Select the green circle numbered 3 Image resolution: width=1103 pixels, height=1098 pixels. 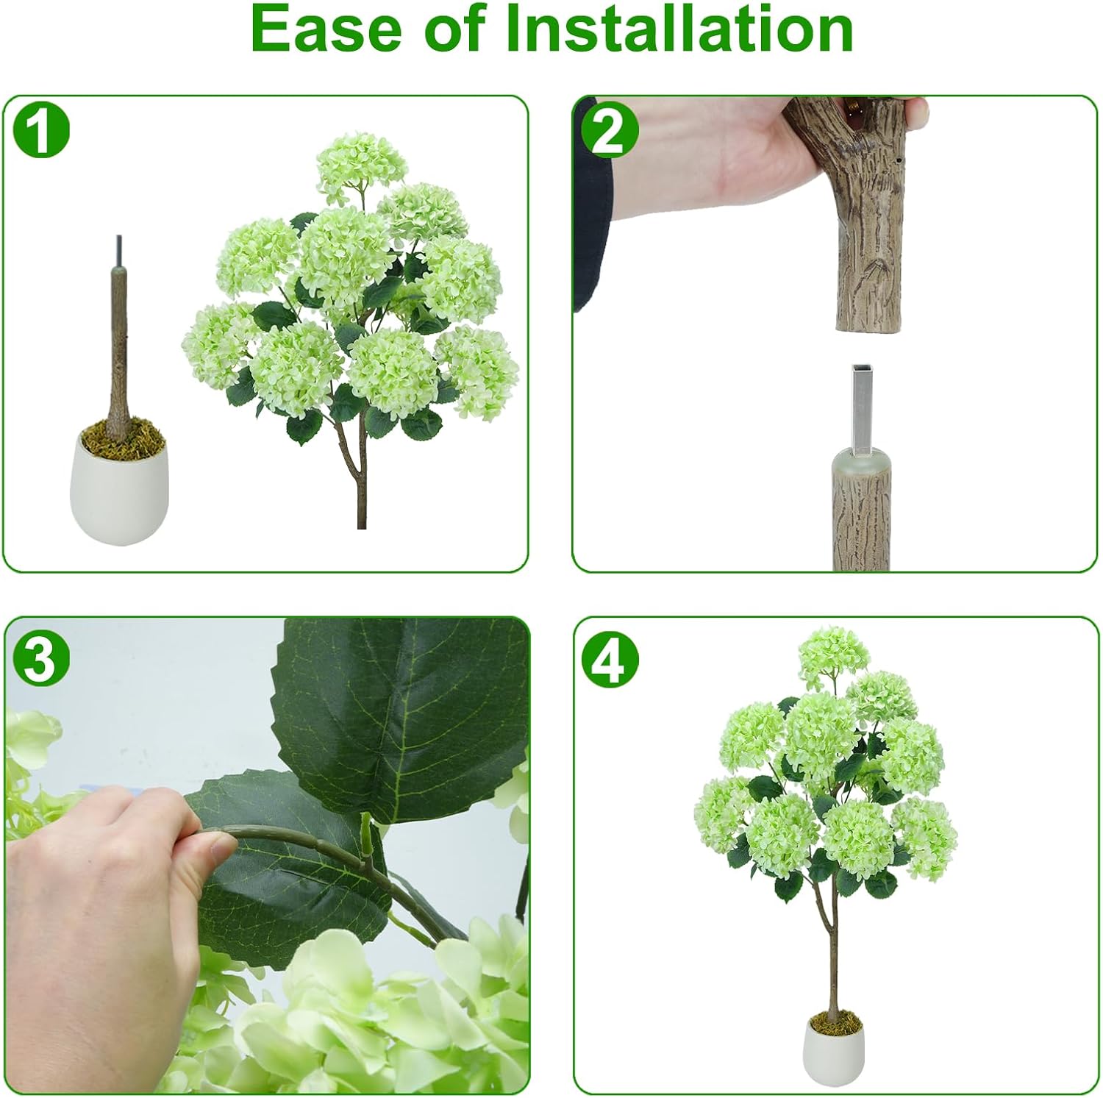[41, 658]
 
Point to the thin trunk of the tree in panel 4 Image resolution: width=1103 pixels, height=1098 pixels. [832, 956]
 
